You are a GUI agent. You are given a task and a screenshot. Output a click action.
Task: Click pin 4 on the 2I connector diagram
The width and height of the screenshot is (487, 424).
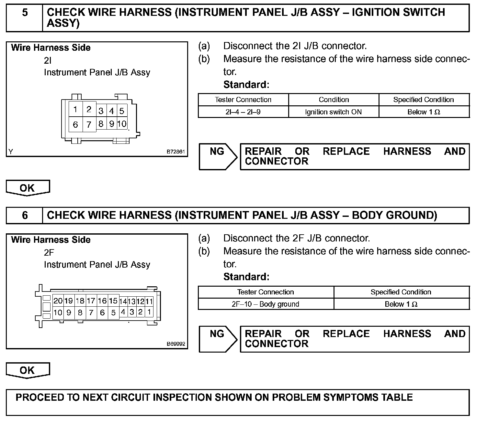tap(111, 111)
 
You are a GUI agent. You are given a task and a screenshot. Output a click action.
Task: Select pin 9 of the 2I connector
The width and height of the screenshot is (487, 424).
tap(111, 124)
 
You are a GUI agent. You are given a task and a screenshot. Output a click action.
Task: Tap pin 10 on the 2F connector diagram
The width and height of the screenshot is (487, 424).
tap(58, 313)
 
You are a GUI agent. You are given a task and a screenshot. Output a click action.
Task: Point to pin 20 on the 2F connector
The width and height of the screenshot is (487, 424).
tap(58, 301)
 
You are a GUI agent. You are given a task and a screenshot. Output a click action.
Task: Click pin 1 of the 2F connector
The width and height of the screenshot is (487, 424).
tap(149, 312)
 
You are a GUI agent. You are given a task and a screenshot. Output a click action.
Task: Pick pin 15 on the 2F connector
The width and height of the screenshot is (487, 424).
tap(113, 301)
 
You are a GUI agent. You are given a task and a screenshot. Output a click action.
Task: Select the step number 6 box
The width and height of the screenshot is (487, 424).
tap(25, 215)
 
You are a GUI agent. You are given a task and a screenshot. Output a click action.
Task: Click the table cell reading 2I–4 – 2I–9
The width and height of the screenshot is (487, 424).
tap(243, 112)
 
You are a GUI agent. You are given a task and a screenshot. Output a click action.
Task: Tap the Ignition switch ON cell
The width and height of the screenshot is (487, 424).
tap(334, 112)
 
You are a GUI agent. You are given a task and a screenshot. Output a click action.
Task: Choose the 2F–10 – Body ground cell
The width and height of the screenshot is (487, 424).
tap(266, 304)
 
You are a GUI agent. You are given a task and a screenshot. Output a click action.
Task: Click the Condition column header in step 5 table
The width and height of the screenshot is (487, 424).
tap(334, 100)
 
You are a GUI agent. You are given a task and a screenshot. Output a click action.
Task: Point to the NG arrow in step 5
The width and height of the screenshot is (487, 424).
tap(218, 156)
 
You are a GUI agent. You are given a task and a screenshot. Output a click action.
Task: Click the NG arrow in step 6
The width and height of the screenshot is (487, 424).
tap(218, 339)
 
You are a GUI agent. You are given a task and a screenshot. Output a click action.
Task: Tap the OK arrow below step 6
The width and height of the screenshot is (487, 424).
tap(28, 370)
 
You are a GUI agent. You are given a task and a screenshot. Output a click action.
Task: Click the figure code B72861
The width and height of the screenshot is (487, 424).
tap(176, 152)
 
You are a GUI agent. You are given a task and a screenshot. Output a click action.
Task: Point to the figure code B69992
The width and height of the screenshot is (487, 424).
tap(176, 344)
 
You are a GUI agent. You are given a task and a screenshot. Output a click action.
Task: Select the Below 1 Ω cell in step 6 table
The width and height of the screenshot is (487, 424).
tap(401, 304)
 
